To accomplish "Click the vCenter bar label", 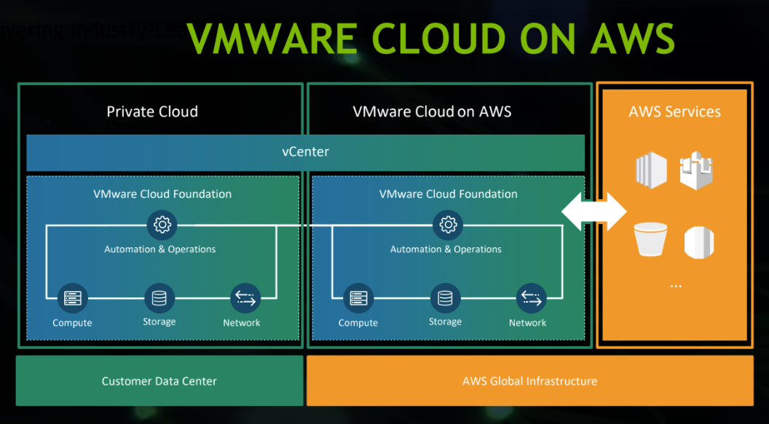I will click(305, 152).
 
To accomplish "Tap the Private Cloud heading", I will click(152, 111).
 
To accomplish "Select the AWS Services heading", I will click(674, 112).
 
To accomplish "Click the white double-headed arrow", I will click(594, 212).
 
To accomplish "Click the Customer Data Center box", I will click(159, 380).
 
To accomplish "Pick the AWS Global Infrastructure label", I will click(529, 380).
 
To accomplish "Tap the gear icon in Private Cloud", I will click(162, 225).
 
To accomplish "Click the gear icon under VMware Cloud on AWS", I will click(448, 225).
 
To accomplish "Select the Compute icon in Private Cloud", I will click(72, 298).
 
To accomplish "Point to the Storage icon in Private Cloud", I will click(159, 298).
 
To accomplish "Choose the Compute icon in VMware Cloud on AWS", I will click(358, 298).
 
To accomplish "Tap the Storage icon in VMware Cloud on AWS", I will click(445, 298).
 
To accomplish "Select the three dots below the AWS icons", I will click(675, 286).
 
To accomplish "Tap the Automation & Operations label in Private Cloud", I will click(160, 249).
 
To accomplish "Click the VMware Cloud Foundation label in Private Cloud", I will click(162, 194).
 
